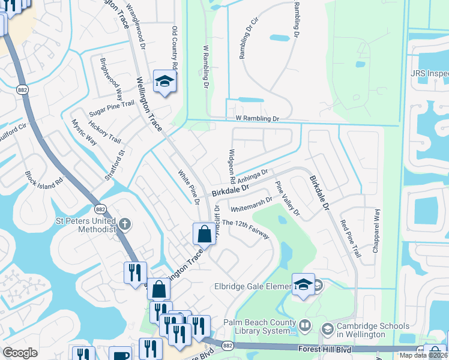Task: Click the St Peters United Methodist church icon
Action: click(124, 225)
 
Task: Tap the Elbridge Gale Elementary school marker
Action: click(303, 284)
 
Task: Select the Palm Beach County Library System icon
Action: click(306, 325)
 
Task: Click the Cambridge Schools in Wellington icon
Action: click(327, 328)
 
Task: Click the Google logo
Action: click(20, 353)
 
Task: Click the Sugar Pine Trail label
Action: click(112, 108)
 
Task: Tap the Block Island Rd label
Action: click(52, 187)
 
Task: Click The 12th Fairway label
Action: click(246, 231)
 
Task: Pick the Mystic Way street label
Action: click(84, 131)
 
